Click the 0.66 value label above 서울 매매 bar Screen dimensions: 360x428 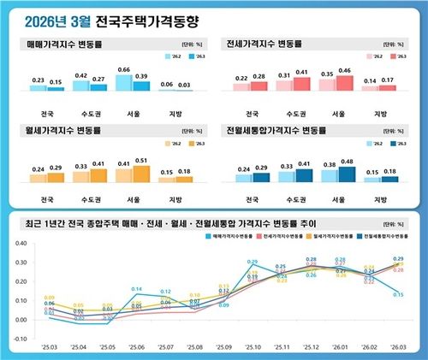coord(123,69)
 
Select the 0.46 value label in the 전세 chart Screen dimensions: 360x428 coord(345,71)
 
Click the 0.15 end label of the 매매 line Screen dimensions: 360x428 coord(399,294)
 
